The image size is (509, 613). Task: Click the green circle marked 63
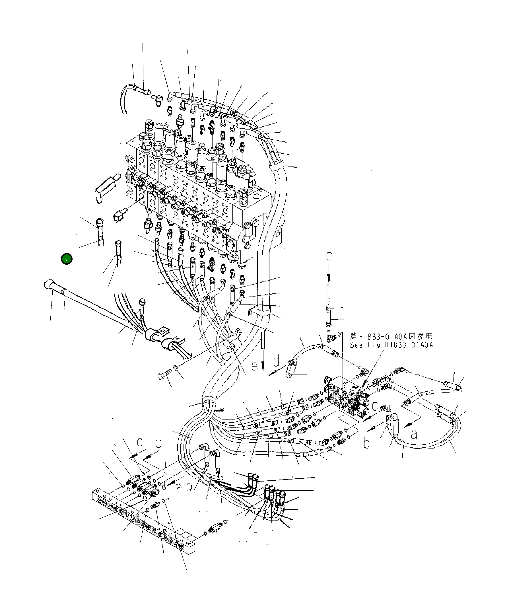67,259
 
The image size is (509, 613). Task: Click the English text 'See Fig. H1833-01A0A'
391,345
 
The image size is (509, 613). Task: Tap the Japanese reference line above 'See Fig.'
391,336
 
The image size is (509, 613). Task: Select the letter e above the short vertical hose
329,256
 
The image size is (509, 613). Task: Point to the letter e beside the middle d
254,367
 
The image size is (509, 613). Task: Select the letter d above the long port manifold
140,441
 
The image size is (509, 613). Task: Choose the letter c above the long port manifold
158,444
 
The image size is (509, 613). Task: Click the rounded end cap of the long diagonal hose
48,284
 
